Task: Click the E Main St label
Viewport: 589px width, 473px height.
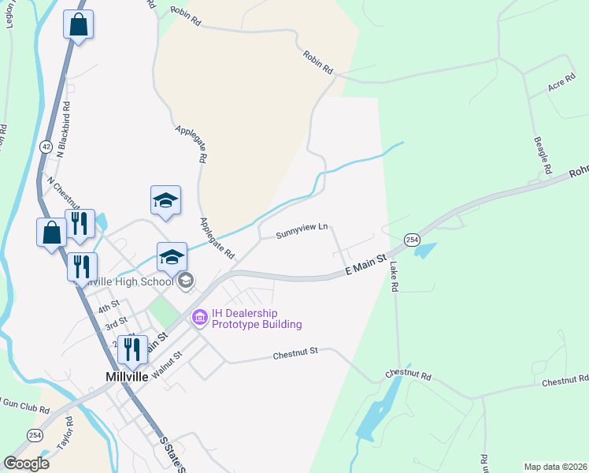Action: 367,264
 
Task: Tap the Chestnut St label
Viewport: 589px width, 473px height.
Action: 295,354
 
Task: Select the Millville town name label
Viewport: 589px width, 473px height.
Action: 128,377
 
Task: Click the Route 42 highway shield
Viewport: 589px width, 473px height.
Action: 46,147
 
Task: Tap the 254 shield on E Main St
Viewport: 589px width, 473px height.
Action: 411,240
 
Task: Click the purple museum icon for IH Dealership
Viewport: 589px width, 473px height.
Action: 199,317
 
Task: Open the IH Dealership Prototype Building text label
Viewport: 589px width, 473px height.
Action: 246,318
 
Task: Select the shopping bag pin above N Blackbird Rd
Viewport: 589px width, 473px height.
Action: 78,25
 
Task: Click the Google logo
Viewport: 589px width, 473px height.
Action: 26,464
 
